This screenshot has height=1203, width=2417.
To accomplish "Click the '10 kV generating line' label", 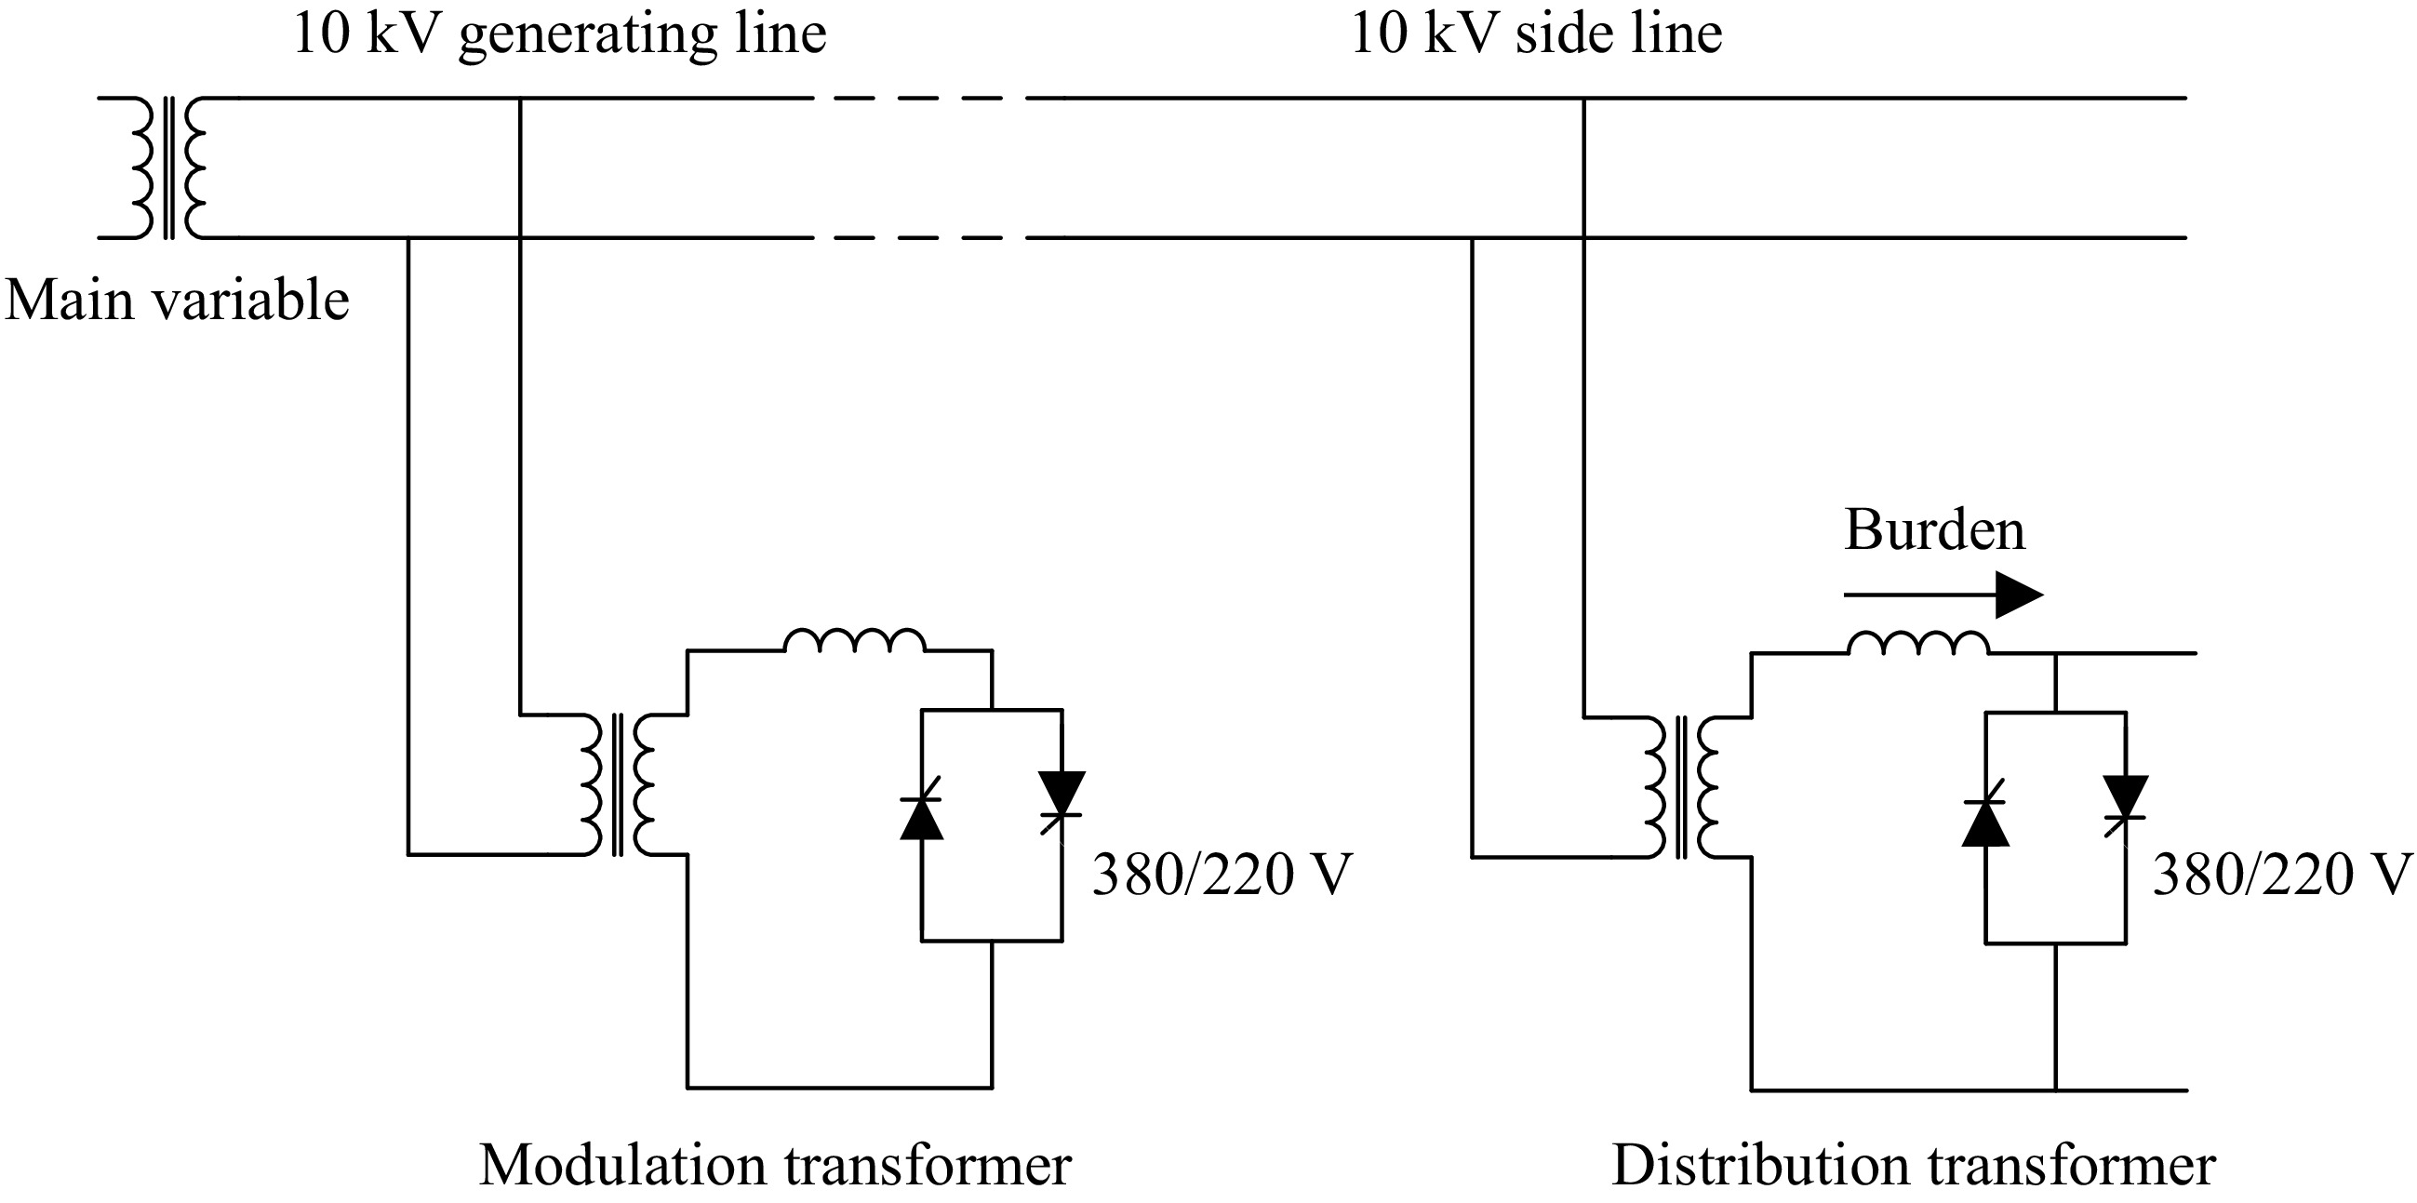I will point(559,33).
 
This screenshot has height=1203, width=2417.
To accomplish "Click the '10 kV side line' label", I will point(1536,33).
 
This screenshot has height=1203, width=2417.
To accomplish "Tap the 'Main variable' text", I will point(178,301).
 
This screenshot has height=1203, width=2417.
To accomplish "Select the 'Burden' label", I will point(1935,530).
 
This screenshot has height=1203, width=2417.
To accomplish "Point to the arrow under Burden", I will point(1943,595).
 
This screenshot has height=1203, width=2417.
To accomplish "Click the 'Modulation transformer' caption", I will point(775,1166).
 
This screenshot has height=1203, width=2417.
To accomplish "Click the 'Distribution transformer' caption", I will point(1913,1166).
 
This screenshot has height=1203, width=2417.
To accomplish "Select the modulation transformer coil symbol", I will point(617,784).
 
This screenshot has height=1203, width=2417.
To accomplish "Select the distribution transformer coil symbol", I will point(1680,786).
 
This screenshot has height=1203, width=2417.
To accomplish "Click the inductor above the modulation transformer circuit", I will point(854,641).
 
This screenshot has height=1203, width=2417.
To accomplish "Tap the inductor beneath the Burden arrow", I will point(1917,644).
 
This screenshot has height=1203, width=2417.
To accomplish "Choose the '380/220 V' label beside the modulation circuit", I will point(1222,876).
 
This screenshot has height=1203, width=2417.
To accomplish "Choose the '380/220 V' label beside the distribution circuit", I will point(2280,876).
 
